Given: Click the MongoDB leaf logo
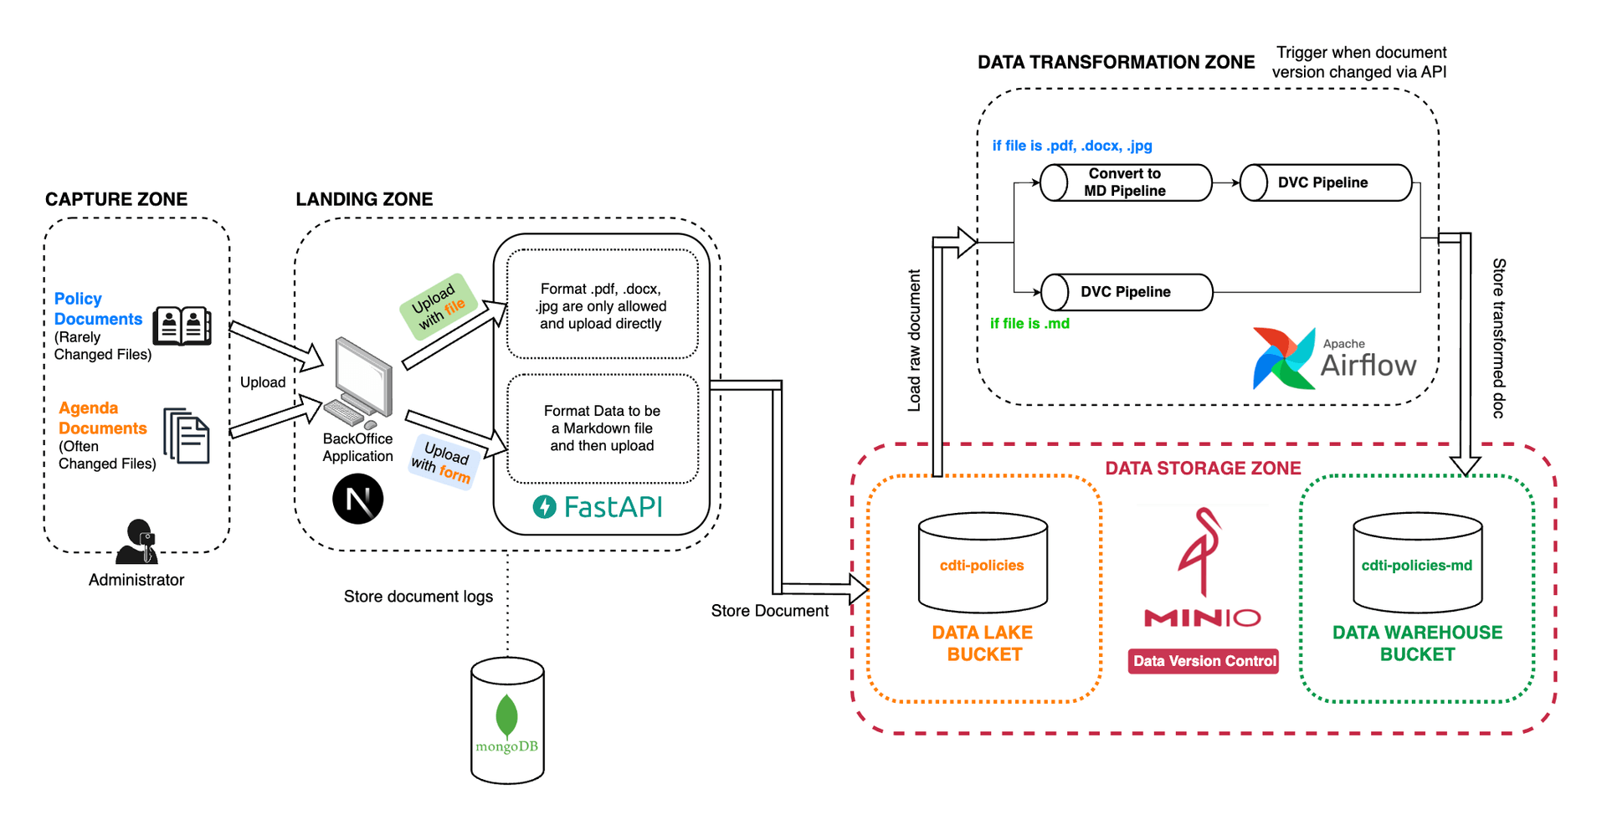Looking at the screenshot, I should click(x=506, y=715).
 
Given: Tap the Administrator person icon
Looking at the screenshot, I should click(x=137, y=541).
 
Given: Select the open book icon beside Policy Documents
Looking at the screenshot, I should click(x=182, y=325).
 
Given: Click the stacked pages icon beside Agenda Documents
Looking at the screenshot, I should click(x=186, y=435).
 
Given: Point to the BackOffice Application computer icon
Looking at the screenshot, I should click(x=362, y=382).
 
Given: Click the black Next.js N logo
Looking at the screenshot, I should click(x=357, y=500).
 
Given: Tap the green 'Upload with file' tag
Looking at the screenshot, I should click(x=438, y=306).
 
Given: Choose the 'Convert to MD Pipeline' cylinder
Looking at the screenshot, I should click(x=1125, y=182).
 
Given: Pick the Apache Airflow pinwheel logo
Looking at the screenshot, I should click(x=1282, y=358).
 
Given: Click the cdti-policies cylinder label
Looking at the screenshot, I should click(x=982, y=566).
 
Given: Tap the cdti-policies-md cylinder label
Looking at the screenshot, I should click(x=1416, y=566).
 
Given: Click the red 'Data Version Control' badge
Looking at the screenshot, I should click(x=1203, y=661).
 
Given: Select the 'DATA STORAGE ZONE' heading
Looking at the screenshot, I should click(x=1203, y=469).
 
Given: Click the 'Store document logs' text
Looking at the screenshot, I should click(x=418, y=597).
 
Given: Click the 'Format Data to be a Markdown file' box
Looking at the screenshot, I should click(x=602, y=428).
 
